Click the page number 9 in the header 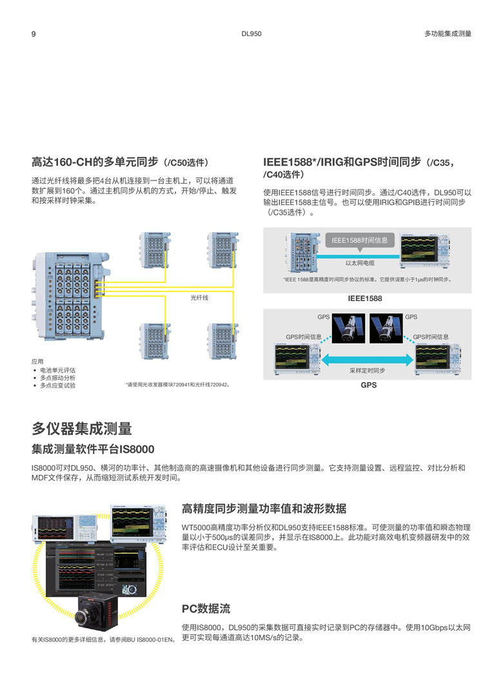pos(34,34)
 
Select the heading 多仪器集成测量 pos(82,429)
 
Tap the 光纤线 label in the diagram pos(199,298)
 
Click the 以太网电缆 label pos(359,262)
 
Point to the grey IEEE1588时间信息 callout pos(360,240)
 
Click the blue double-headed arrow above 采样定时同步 pos(367,358)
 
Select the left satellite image pos(348,328)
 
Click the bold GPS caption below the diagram pos(368,385)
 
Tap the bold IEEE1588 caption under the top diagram pos(365,298)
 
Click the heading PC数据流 pos(206,609)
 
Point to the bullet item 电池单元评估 pos(58,370)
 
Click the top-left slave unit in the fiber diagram pos(155,250)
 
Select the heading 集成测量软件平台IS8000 pos(93,449)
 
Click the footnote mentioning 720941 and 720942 pos(177,385)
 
